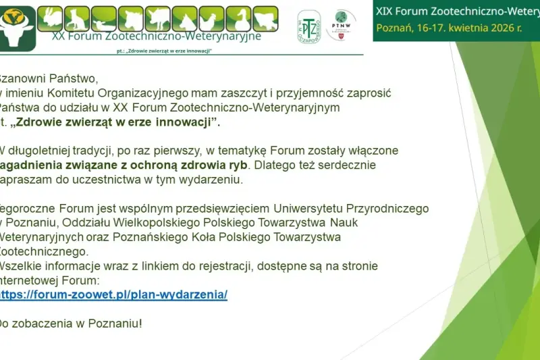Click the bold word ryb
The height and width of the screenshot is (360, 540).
(238, 165)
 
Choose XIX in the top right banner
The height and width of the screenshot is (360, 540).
(385, 11)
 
